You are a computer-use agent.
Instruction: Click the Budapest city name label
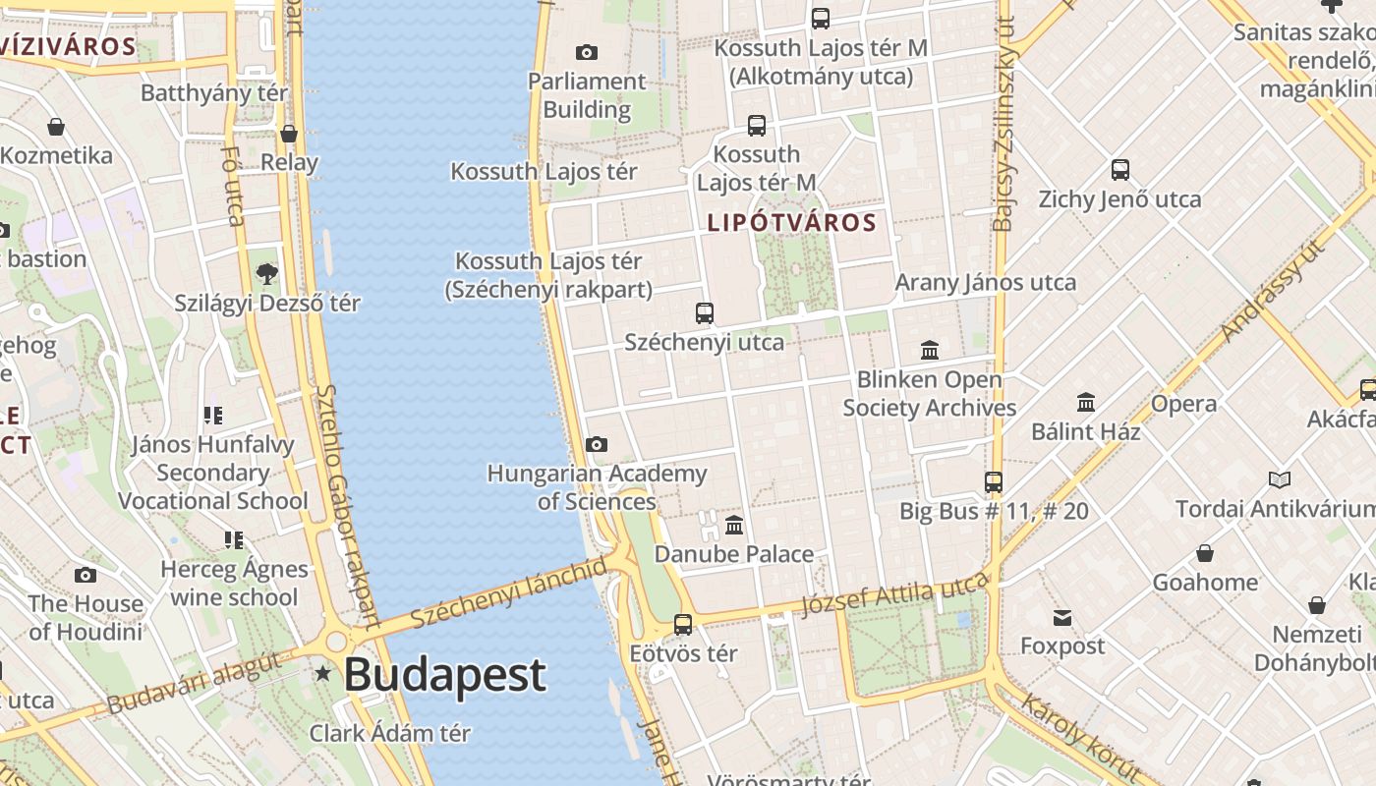(x=444, y=675)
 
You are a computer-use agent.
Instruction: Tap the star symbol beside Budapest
(x=322, y=673)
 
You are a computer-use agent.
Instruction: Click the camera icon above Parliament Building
(x=587, y=52)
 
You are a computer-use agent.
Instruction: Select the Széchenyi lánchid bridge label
(x=508, y=593)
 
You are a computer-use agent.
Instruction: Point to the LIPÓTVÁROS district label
(x=791, y=223)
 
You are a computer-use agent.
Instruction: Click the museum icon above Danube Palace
(x=734, y=525)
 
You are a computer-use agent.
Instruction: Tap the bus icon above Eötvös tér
(x=683, y=624)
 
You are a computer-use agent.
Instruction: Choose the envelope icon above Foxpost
(x=1062, y=617)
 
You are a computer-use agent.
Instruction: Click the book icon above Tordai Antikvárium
(x=1279, y=479)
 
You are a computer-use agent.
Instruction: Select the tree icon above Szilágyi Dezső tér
(x=266, y=273)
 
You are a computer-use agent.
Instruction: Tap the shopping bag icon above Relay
(x=289, y=134)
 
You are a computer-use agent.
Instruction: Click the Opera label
(x=1183, y=404)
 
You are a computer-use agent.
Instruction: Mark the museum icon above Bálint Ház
(x=1086, y=402)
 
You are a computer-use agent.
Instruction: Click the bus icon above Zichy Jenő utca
(x=1120, y=169)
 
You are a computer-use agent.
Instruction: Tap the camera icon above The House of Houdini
(x=86, y=575)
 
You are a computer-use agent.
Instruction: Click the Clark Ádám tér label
(x=390, y=733)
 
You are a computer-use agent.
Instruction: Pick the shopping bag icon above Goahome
(x=1205, y=553)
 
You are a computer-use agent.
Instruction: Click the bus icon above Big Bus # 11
(x=994, y=482)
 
